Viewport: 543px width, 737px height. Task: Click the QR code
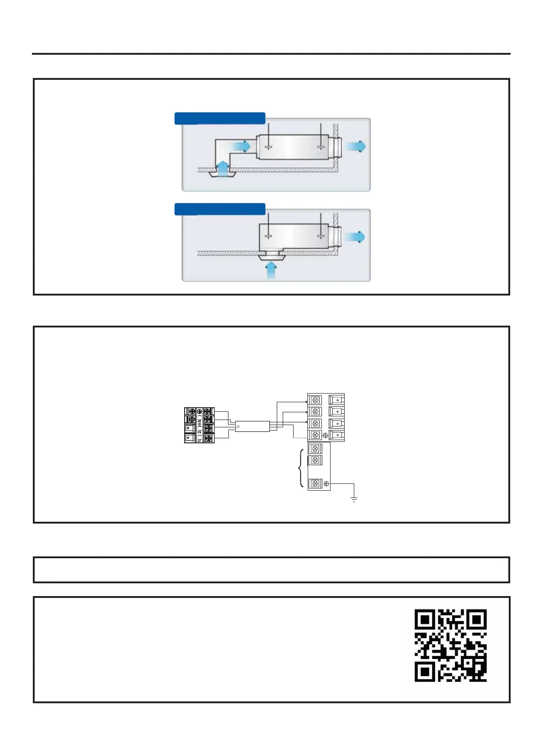coord(450,645)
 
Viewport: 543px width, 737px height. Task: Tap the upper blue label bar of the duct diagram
coord(220,118)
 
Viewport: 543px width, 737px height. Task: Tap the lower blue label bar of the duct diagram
coord(220,209)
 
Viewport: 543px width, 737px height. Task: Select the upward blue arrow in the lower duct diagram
coord(271,270)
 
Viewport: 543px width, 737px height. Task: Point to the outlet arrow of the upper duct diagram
coord(355,146)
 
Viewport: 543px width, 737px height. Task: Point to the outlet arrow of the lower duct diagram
coord(355,237)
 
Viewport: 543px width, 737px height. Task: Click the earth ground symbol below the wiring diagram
coord(354,500)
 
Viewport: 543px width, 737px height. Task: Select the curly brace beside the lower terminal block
coord(300,468)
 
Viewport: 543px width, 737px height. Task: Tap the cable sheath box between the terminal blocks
coord(252,426)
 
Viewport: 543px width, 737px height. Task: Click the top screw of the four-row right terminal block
coord(315,400)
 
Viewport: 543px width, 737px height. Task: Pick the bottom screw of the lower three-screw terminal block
coord(315,483)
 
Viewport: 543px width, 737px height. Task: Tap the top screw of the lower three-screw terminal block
coord(315,449)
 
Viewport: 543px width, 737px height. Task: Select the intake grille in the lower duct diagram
coord(271,257)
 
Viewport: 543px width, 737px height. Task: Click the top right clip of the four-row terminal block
coord(336,400)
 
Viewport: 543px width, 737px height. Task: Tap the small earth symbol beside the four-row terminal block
coord(325,436)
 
